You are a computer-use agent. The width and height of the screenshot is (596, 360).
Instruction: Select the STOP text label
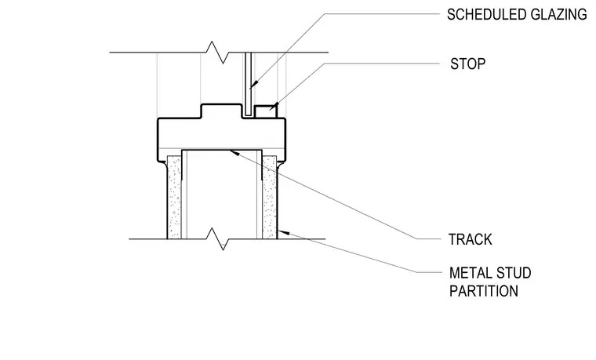coord(468,64)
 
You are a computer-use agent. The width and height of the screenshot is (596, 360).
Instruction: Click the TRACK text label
coord(471,239)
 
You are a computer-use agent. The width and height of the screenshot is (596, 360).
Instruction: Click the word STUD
coord(514,273)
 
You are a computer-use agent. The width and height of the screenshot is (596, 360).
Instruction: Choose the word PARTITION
coord(484,291)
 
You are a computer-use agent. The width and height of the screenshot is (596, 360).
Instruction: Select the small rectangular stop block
coord(266,111)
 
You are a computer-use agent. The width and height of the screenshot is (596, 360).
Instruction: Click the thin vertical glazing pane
coord(249,84)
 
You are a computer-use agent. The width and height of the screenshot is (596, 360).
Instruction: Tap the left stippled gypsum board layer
coord(174,198)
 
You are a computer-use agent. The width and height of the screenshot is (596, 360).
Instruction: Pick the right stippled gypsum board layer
coord(270,198)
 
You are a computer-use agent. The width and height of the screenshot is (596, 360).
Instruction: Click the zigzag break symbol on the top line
coord(218,53)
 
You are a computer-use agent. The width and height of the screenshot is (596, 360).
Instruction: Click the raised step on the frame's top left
coord(221,111)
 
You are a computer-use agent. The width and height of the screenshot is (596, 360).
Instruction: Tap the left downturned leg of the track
coord(184,165)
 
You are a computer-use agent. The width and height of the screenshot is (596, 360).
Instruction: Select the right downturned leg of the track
coord(260,165)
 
